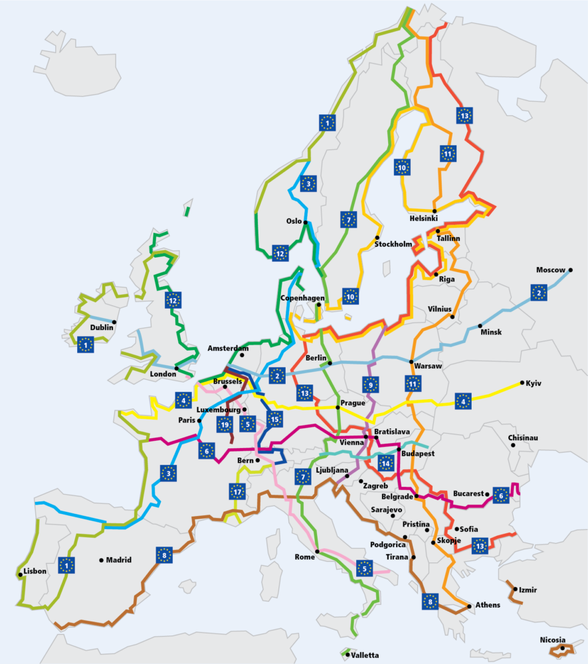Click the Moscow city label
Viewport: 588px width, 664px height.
(551, 270)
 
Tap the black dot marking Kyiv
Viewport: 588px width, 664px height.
(522, 382)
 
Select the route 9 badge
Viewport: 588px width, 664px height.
(371, 383)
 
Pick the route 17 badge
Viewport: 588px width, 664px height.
(237, 491)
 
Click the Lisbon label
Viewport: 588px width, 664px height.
(35, 571)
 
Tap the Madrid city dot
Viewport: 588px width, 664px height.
(102, 560)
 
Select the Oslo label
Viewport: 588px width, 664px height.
(294, 221)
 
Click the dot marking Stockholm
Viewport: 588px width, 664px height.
(377, 238)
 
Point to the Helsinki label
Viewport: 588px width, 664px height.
(424, 218)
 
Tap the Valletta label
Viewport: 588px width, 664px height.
(365, 655)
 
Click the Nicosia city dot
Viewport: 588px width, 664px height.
(561, 647)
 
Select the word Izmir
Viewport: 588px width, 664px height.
(529, 590)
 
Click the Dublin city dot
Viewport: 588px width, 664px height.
(114, 321)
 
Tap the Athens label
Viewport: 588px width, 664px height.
(489, 605)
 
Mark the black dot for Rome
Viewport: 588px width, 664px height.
(318, 551)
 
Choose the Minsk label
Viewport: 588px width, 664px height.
(491, 332)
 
